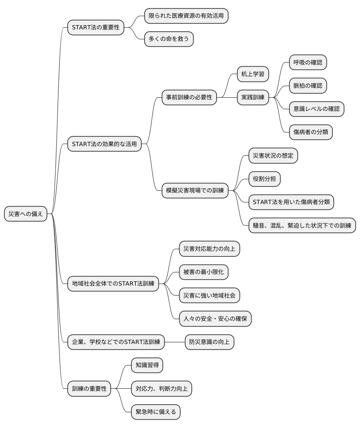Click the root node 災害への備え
pyautogui.click(x=26, y=214)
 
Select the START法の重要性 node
pyautogui.click(x=96, y=28)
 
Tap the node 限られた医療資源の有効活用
pyautogui.click(x=186, y=16)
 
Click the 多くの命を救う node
pyautogui.click(x=169, y=39)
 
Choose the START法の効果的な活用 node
pyautogui.click(x=104, y=144)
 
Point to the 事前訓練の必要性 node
pyautogui.click(x=189, y=98)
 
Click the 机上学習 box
pyautogui.click(x=253, y=75)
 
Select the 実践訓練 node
pyautogui.click(x=253, y=98)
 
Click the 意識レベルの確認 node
pyautogui.click(x=317, y=109)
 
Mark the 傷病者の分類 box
pyautogui.click(x=310, y=132)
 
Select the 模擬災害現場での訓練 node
pyautogui.click(x=195, y=190)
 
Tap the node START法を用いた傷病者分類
pyautogui.click(x=291, y=202)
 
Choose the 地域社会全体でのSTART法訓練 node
pyautogui.click(x=113, y=284)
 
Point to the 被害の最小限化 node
pyautogui.click(x=204, y=272)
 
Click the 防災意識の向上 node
pyautogui.click(x=209, y=342)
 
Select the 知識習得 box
pyautogui.click(x=147, y=365)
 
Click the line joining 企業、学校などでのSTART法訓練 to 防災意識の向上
pyautogui.click(x=174, y=342)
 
